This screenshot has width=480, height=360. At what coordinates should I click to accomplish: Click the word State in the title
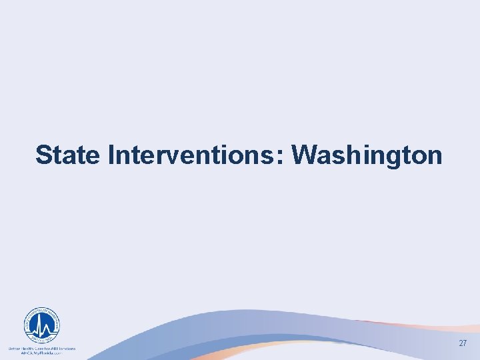(x=68, y=155)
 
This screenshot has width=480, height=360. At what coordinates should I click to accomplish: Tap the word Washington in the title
(x=367, y=155)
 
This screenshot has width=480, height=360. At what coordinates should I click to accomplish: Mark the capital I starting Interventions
(x=111, y=155)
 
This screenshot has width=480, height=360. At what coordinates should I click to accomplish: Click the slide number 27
(x=463, y=343)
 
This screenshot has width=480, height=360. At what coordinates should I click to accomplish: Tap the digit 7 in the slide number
(x=465, y=343)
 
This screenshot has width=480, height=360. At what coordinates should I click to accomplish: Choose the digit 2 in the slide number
(x=460, y=343)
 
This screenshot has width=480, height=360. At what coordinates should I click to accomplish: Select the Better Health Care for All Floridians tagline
(x=41, y=348)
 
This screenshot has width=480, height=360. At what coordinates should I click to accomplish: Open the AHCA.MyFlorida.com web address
(x=41, y=353)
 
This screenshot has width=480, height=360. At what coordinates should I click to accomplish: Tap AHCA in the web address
(x=27, y=353)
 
